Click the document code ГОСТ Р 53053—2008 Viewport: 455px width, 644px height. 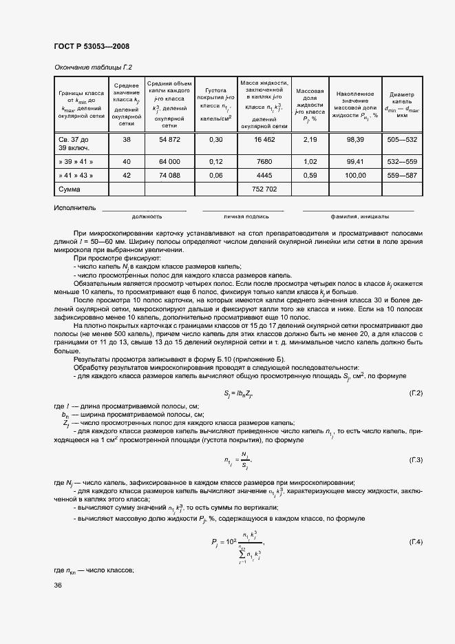91,46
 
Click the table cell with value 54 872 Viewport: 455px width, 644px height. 169,140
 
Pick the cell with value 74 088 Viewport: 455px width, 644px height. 169,176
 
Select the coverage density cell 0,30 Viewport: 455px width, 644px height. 215,140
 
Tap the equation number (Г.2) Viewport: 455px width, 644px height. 415,393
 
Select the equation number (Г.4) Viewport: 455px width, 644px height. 415,543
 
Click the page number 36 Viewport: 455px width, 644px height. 58,585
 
